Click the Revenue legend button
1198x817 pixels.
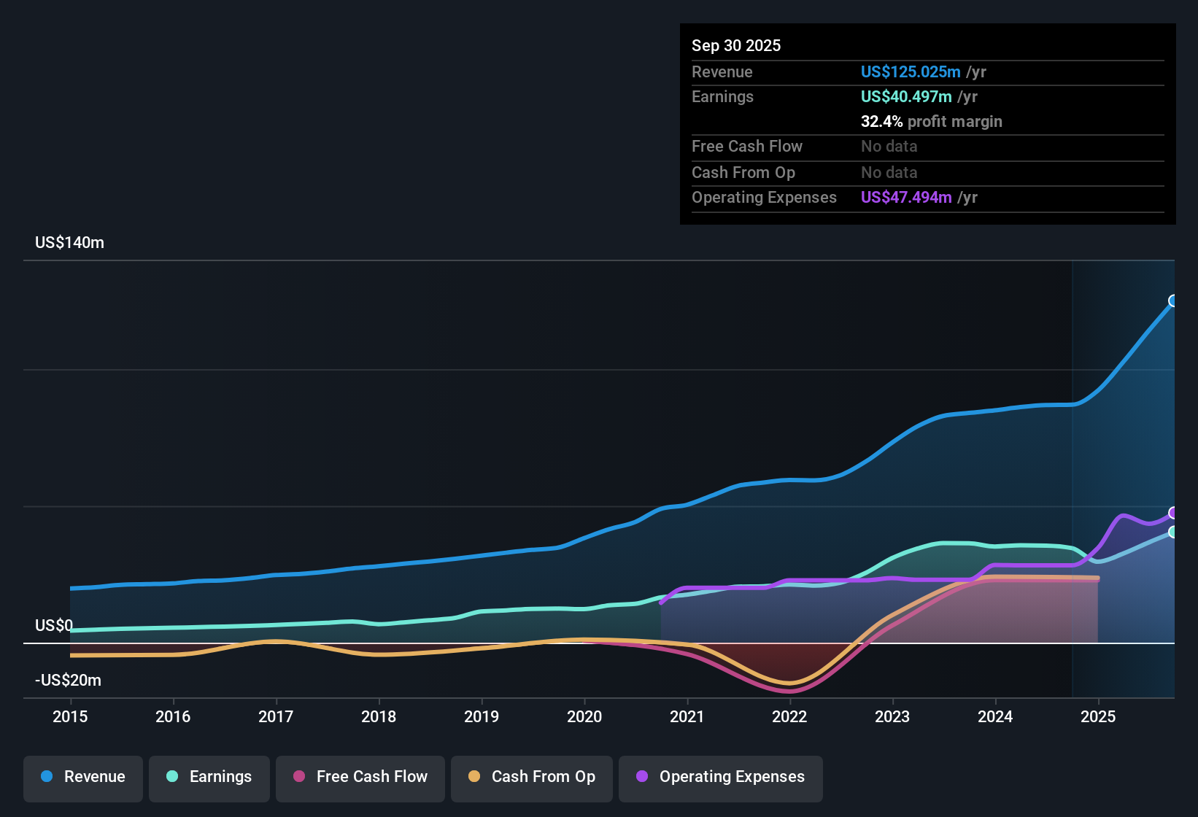[x=83, y=778]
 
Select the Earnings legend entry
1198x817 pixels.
[x=209, y=778]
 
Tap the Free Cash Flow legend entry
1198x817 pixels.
[x=360, y=778]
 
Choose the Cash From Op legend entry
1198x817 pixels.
[x=532, y=778]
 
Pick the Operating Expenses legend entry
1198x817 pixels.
[x=721, y=778]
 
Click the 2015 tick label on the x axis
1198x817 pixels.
[x=70, y=717]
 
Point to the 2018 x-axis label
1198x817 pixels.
[x=379, y=717]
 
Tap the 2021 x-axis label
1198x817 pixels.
[x=687, y=717]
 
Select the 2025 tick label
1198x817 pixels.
[x=1098, y=717]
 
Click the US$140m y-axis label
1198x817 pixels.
[x=70, y=243]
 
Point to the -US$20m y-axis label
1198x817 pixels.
[x=69, y=681]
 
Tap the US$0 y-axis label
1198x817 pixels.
[x=54, y=626]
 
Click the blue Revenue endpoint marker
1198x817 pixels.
[x=1173, y=301]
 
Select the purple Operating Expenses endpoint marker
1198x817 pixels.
[x=1173, y=513]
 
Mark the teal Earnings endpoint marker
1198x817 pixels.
[x=1173, y=532]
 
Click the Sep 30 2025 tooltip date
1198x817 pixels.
[x=736, y=46]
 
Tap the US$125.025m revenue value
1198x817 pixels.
[x=911, y=72]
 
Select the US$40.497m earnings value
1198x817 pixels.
[x=906, y=97]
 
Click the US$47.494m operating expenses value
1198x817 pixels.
[x=906, y=198]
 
